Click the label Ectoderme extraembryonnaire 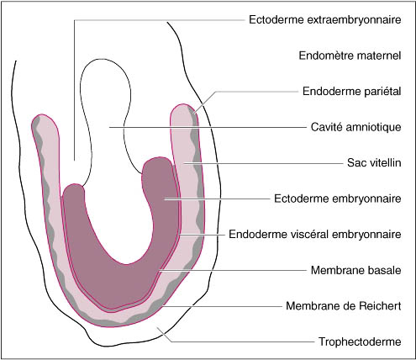coord(325,20)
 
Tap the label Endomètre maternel coord(350,56)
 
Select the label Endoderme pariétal coord(352,92)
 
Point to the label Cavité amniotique coord(355,127)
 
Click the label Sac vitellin coord(374,162)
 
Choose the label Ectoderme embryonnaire coord(338,199)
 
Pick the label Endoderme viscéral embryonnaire coord(315,234)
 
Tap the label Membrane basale coord(356,270)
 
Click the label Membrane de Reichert coord(344,306)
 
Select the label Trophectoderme coord(360,341)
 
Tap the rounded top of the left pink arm coord(45,119)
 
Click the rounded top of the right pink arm coord(184,109)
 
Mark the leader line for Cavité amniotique coord(208,127)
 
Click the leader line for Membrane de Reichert coord(222,306)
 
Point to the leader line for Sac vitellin coord(263,163)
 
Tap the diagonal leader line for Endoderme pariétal coord(204,103)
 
